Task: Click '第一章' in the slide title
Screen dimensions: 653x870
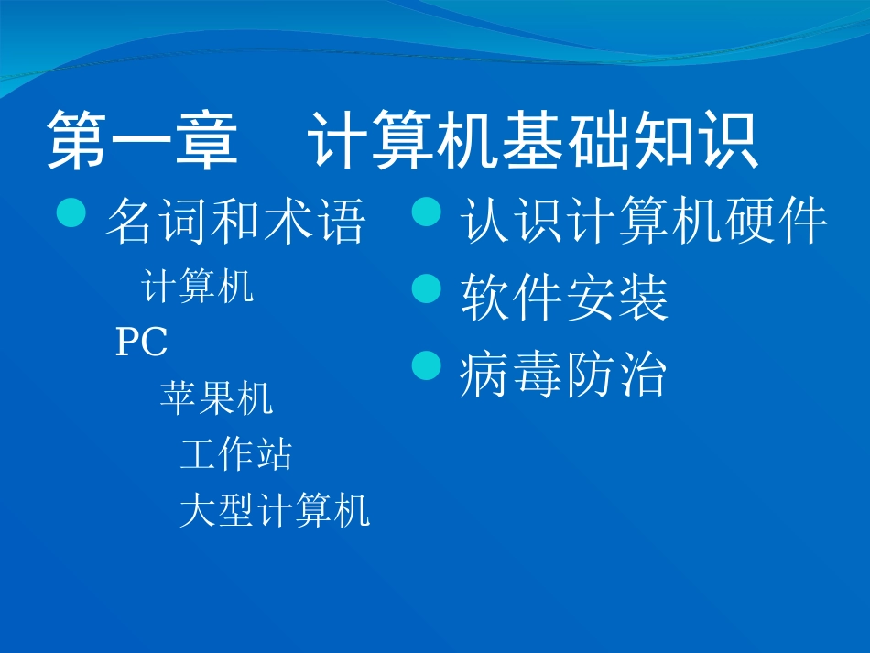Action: click(x=142, y=142)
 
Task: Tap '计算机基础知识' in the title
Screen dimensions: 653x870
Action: click(x=534, y=142)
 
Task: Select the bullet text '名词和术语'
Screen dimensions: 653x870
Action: click(x=236, y=223)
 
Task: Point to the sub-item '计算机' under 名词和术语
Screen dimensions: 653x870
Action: click(x=198, y=288)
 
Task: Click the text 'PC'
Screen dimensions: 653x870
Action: click(x=141, y=343)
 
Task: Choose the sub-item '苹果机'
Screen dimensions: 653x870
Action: click(x=216, y=399)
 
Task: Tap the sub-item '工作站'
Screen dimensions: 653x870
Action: click(x=236, y=454)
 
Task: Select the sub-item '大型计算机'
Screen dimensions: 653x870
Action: click(x=275, y=510)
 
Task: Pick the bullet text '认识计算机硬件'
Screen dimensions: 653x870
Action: click(x=644, y=222)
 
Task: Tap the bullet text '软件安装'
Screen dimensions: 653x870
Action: click(x=564, y=299)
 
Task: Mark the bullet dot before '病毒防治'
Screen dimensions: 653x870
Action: click(x=426, y=365)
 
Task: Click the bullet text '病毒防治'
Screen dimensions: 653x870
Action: click(x=562, y=375)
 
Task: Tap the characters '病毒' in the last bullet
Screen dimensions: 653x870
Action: click(x=510, y=375)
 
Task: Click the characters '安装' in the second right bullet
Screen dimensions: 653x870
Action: click(x=616, y=299)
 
